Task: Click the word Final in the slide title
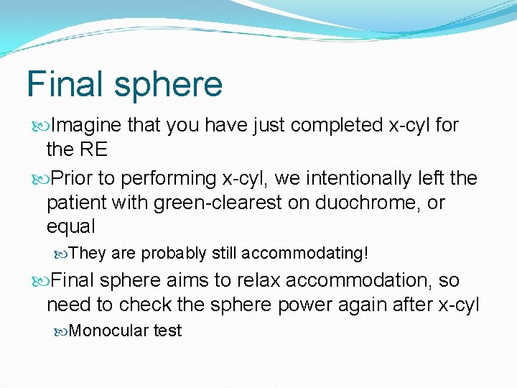tap(64, 84)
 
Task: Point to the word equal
tap(71, 227)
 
